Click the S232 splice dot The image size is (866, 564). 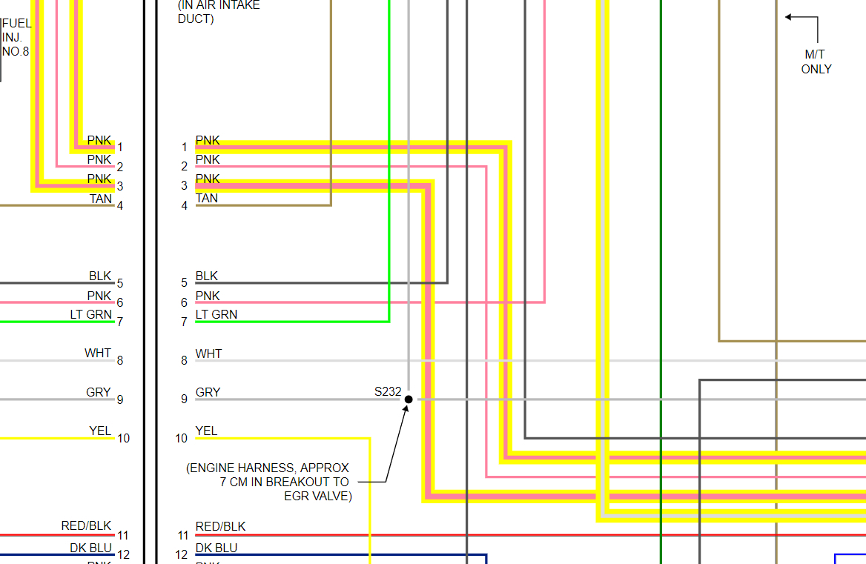409,399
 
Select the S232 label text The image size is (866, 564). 388,392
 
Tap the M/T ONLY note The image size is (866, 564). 816,62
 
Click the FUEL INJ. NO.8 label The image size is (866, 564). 16,37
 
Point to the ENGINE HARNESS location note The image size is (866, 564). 268,482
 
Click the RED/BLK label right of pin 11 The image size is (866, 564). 220,527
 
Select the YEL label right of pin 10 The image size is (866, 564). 206,431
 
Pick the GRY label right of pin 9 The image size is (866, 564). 208,393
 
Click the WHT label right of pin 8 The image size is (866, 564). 208,354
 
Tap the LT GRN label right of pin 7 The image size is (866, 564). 216,315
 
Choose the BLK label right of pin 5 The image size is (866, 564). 207,276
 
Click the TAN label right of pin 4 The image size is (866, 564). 207,199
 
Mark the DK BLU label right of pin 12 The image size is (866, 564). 216,548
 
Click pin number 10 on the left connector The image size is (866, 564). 123,439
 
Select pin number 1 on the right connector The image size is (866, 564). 185,147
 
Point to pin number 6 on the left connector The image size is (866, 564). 120,303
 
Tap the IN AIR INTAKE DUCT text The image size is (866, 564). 218,12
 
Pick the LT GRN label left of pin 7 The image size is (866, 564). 90,315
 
